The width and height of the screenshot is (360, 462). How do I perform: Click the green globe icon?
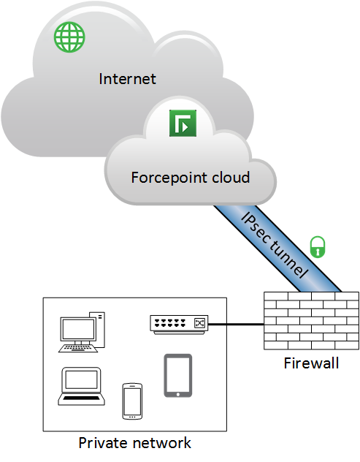[69, 37]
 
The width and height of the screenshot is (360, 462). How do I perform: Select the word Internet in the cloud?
[127, 79]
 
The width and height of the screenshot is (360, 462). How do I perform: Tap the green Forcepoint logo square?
[183, 123]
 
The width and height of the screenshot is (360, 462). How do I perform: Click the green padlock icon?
[318, 247]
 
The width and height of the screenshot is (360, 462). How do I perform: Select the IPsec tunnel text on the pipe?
[275, 245]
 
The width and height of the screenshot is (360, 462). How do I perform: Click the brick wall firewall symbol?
[311, 321]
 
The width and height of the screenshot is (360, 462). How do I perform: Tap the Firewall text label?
[311, 363]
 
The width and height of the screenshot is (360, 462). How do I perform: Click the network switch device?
[179, 325]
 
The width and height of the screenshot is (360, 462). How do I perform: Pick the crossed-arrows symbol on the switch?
[199, 323]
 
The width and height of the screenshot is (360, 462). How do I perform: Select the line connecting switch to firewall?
[236, 325]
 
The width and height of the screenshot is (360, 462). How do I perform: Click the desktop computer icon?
[82, 332]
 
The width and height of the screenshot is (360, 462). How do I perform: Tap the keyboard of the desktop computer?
[78, 348]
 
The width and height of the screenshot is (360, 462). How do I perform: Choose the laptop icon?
[81, 386]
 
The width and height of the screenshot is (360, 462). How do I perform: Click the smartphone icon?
[132, 401]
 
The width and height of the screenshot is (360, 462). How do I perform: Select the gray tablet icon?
[177, 376]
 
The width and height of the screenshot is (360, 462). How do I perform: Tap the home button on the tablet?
[177, 394]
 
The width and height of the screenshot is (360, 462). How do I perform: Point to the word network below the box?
[161, 443]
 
